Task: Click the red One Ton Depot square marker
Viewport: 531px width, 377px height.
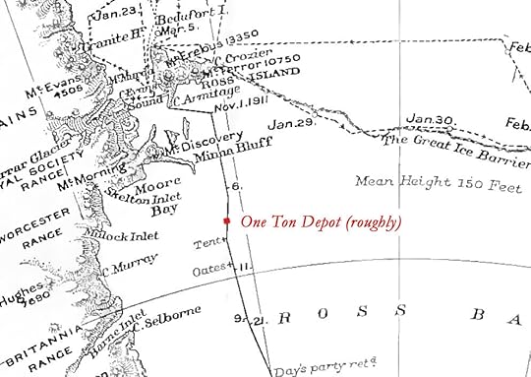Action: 227,221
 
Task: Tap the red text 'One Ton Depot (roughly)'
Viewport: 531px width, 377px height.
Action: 321,222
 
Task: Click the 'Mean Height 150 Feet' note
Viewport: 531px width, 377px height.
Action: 426,181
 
